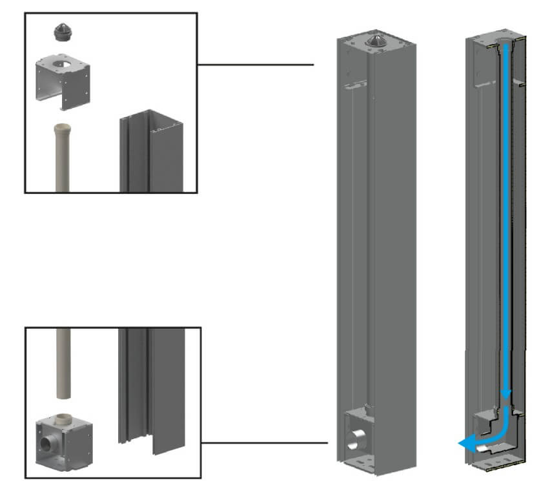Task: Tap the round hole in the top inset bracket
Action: pos(65,65)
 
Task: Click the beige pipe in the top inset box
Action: pos(65,158)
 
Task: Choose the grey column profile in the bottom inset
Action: pos(152,388)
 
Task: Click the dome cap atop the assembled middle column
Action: pos(376,41)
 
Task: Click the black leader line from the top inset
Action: pos(255,65)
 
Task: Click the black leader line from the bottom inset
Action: pos(265,443)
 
